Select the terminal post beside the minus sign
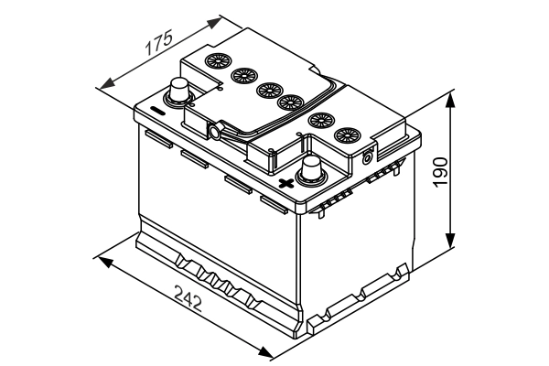point(179,92)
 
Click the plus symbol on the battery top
point(286,183)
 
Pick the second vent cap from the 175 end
point(242,76)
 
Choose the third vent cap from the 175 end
point(267,90)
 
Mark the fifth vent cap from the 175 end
point(319,119)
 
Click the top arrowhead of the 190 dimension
point(450,95)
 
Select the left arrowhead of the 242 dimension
point(103,262)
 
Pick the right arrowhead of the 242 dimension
point(268,353)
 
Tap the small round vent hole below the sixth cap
point(368,156)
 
